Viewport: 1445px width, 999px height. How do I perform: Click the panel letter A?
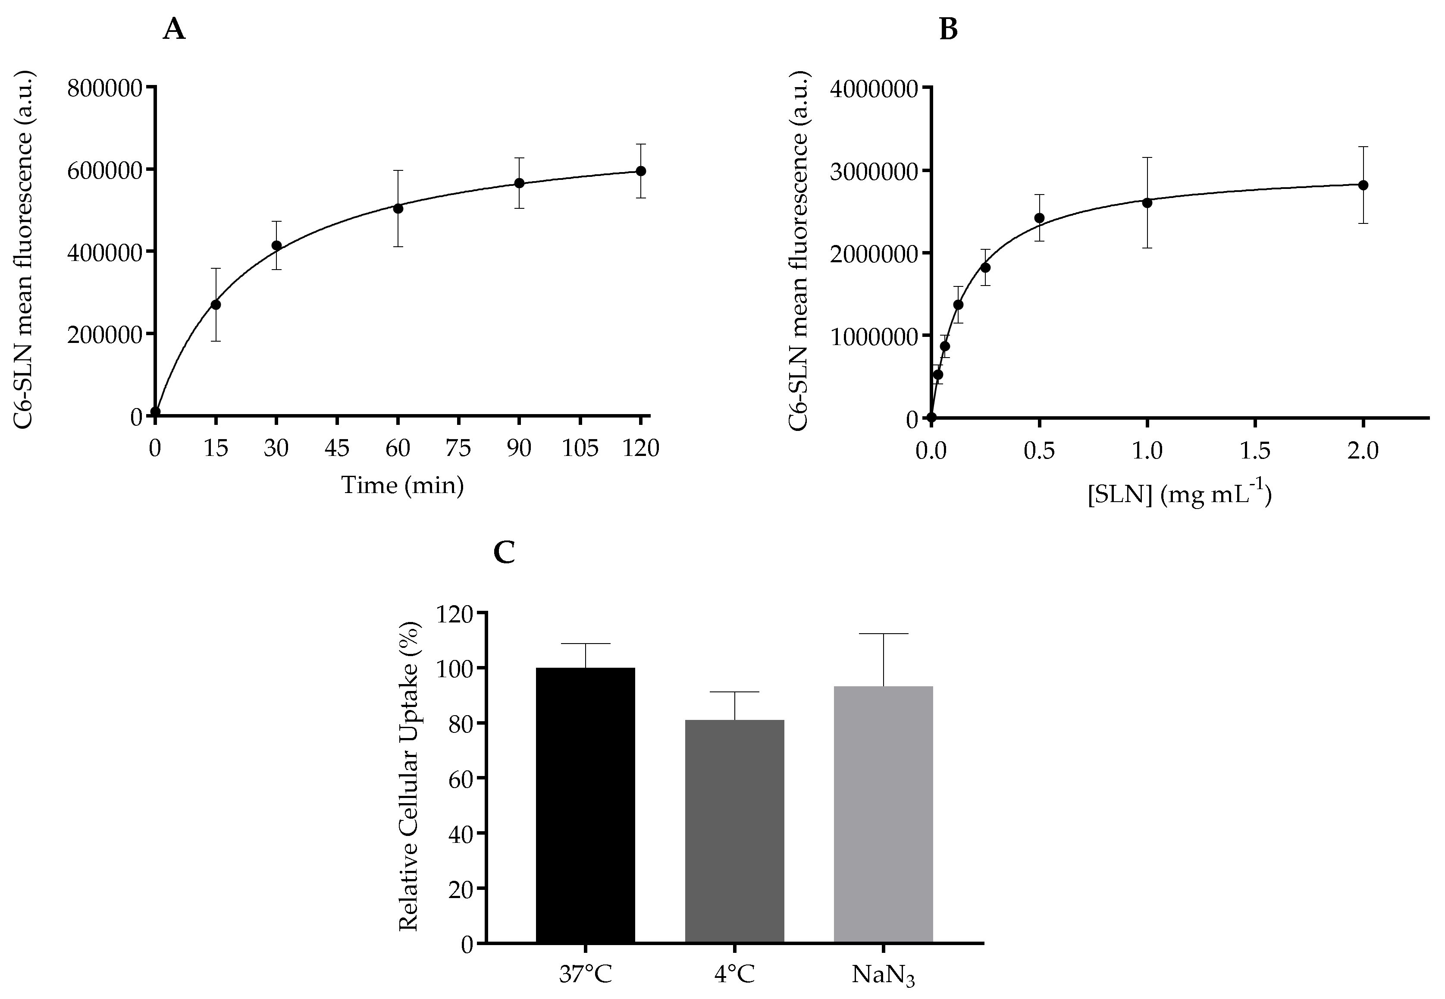[x=174, y=29]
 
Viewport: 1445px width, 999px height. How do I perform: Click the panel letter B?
[x=948, y=29]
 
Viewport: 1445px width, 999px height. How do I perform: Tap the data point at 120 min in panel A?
[x=640, y=171]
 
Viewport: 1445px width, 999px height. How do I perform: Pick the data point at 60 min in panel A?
[x=398, y=208]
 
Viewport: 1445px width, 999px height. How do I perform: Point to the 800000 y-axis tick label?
[x=105, y=88]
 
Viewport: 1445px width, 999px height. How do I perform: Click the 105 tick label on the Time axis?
[x=580, y=449]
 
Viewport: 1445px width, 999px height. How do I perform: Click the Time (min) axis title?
[x=402, y=486]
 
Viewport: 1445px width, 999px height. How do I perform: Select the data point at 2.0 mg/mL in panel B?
[x=1363, y=185]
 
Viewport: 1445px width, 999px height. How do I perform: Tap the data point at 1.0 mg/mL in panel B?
[x=1147, y=203]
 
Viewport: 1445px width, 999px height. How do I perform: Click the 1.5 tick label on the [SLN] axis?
[x=1255, y=451]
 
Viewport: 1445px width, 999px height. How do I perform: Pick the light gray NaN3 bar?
[x=883, y=814]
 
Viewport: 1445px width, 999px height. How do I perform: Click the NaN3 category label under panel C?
[x=883, y=975]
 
